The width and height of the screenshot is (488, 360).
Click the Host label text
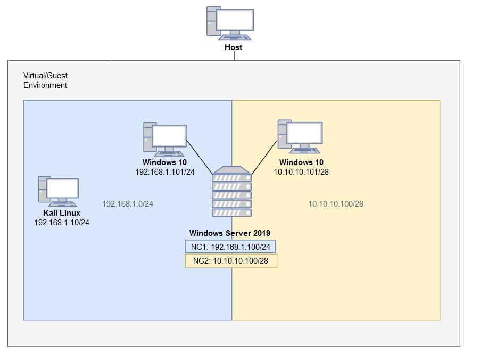[x=233, y=47]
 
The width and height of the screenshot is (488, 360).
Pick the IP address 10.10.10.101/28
[x=301, y=171]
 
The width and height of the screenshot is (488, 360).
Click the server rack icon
[x=231, y=192]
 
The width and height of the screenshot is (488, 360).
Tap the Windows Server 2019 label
[x=230, y=233]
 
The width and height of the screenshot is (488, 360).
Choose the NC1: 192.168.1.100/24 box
[x=230, y=247]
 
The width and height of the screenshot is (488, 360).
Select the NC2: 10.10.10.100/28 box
[x=231, y=261]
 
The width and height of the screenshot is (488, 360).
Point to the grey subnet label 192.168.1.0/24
[x=128, y=203]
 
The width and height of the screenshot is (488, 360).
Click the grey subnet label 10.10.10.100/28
[x=336, y=203]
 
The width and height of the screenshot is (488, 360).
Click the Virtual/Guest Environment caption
[x=45, y=80]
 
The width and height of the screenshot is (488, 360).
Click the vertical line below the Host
[x=234, y=56]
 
